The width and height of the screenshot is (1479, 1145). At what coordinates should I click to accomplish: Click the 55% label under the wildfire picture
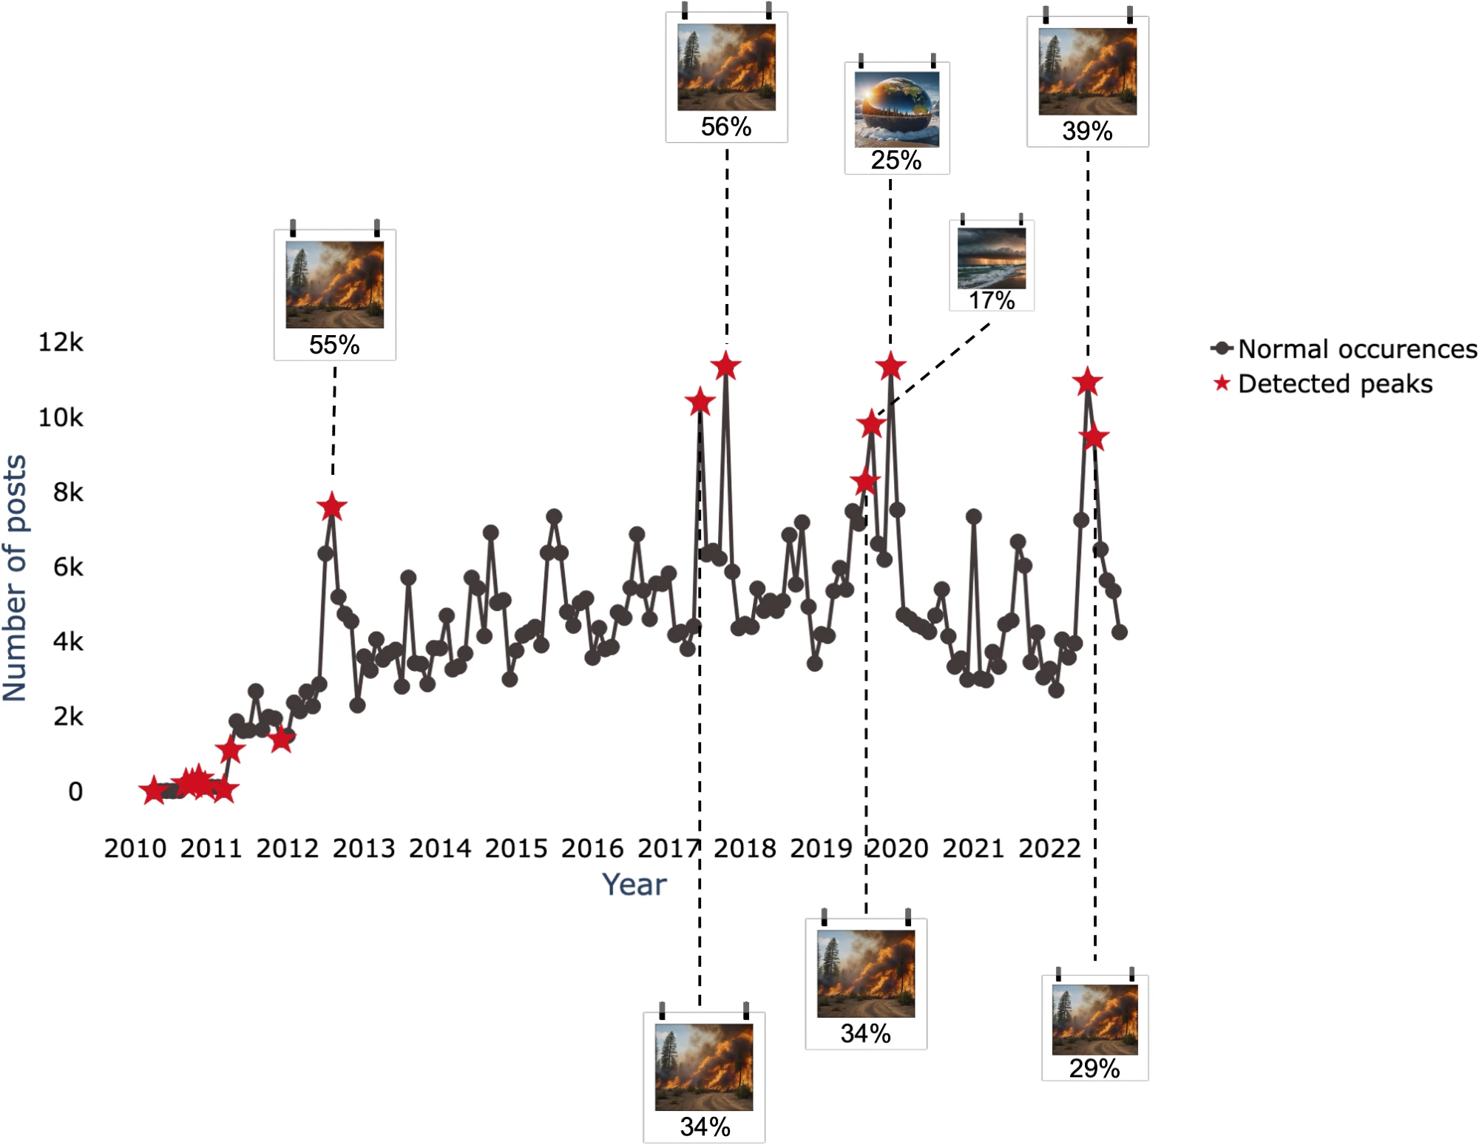click(x=334, y=345)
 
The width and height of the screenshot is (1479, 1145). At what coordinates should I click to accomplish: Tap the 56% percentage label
click(x=726, y=126)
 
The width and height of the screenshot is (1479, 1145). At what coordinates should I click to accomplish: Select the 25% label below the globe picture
click(x=896, y=160)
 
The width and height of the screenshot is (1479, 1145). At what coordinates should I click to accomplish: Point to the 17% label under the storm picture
click(x=992, y=300)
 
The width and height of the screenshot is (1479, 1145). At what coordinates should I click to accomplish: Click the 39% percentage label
click(x=1087, y=131)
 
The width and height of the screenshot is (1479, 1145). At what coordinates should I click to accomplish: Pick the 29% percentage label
click(x=1094, y=1068)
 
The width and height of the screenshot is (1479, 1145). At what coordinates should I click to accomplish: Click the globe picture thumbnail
click(x=897, y=109)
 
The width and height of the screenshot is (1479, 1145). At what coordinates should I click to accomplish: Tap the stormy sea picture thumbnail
click(x=992, y=258)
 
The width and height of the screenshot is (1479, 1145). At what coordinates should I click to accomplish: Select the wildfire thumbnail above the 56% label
click(x=726, y=67)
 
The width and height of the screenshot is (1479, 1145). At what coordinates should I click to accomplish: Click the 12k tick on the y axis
click(x=61, y=342)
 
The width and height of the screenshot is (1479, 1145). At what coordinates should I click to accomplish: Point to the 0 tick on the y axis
click(x=75, y=791)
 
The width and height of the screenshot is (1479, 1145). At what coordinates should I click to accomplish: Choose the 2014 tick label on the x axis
click(x=440, y=848)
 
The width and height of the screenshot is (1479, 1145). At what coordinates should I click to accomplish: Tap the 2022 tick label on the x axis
click(x=1049, y=848)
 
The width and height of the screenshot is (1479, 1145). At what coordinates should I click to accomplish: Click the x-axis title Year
click(x=634, y=885)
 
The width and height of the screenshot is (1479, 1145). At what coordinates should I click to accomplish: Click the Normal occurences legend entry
click(x=1357, y=348)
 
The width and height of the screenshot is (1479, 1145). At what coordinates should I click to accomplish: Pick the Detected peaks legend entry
click(x=1335, y=384)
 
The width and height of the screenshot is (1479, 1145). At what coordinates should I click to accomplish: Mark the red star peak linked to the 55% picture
click(x=332, y=507)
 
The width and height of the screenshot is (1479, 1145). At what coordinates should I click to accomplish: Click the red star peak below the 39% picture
click(x=1087, y=382)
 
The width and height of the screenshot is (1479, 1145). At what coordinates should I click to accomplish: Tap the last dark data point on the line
click(x=1120, y=632)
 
